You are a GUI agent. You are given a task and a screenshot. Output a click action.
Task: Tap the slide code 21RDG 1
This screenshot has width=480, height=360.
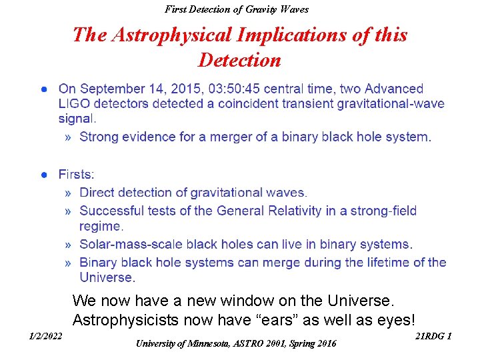tap(433, 336)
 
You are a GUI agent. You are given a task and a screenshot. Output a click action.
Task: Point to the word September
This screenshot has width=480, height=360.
tap(109, 89)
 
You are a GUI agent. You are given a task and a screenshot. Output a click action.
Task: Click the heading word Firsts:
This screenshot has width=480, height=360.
tap(76, 175)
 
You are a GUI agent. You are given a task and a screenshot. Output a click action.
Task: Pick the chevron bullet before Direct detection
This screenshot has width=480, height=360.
tap(69, 193)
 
